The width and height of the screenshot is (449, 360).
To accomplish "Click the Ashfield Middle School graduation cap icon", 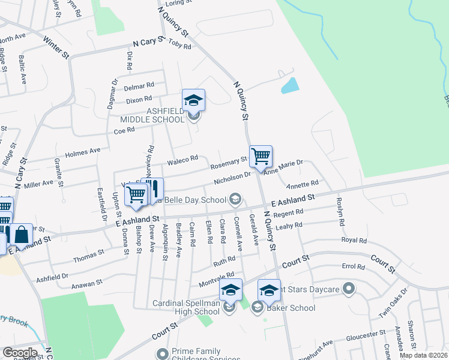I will [x=194, y=100].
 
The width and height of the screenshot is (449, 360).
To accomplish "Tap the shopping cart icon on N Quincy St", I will [x=261, y=157].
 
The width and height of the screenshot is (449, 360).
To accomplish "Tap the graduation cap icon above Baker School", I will [x=270, y=290].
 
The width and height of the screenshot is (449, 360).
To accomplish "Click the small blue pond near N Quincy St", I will [x=289, y=85].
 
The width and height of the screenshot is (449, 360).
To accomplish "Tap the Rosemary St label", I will [x=228, y=163].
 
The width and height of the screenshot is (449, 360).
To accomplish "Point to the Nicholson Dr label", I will [x=232, y=179].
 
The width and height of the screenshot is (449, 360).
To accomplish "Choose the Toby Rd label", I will [x=179, y=44].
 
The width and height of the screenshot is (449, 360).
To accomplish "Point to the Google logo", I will [x=20, y=353].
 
